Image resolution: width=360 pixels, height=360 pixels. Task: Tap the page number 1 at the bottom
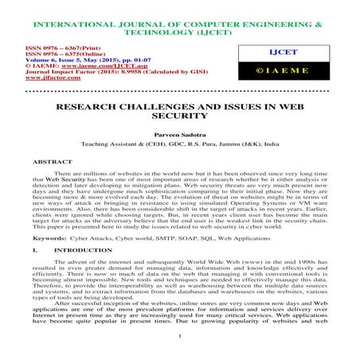[x=181, y=346]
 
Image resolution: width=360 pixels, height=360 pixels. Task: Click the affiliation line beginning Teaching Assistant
[x=179, y=147]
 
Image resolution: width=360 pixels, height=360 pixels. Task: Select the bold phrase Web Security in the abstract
[x=74, y=182]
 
